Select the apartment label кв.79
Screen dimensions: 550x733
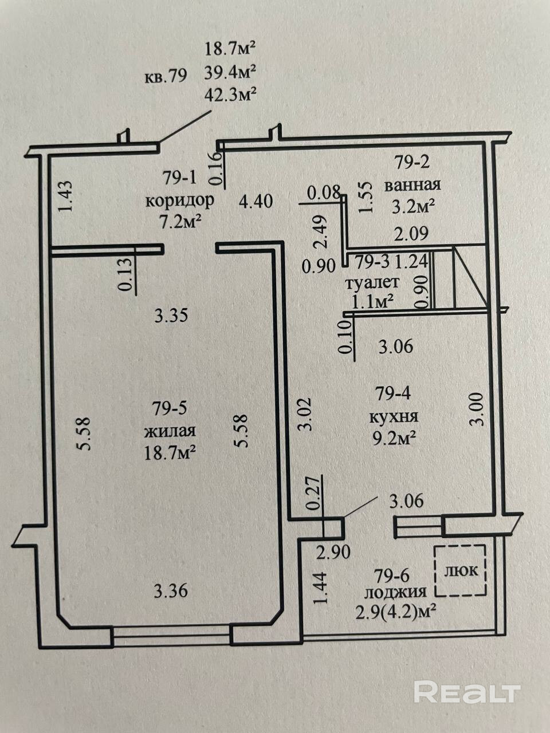[x=166, y=76]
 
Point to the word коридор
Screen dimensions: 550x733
[x=180, y=202]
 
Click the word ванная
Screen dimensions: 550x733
[x=412, y=184]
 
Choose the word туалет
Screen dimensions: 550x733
[x=372, y=283]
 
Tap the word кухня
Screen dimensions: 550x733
[x=394, y=417]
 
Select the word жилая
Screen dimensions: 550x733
[x=170, y=431]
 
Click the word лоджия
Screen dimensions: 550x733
[x=395, y=592]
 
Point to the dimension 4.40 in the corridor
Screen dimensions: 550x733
[x=256, y=202]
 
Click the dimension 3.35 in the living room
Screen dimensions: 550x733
[x=171, y=316]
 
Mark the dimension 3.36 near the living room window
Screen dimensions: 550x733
[x=171, y=592]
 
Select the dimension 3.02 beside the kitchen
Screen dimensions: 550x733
[x=305, y=414]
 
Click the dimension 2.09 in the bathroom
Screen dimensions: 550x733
[x=411, y=234]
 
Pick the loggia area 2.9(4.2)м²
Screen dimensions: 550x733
[x=396, y=613]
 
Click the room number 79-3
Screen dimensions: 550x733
[x=372, y=262]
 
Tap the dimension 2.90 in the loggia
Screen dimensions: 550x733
[x=333, y=553]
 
